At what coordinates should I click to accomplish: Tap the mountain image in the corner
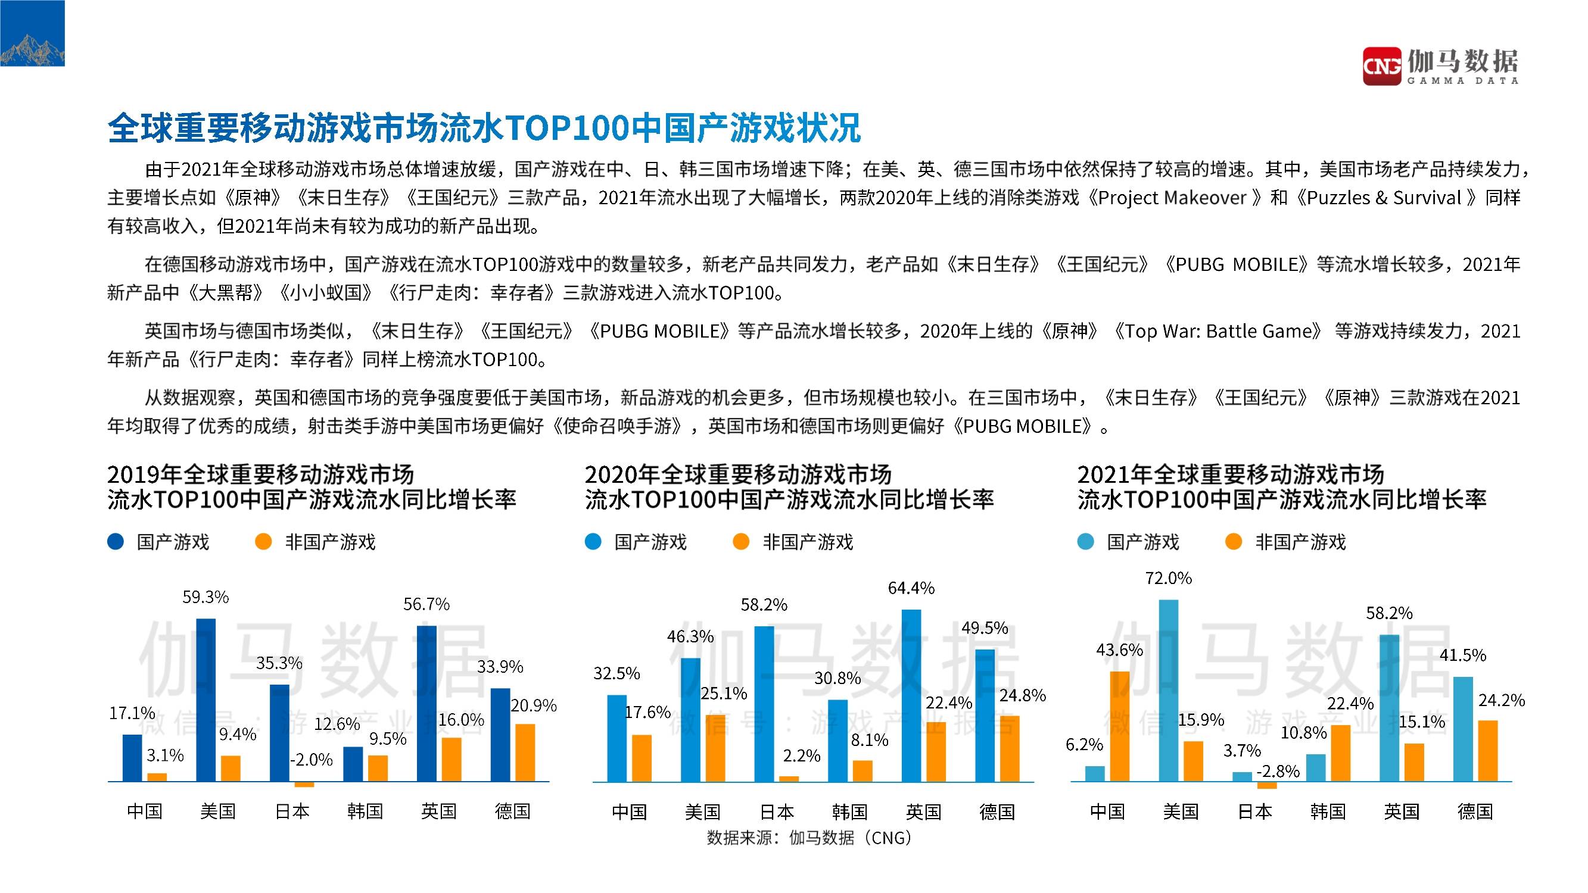pos(32,33)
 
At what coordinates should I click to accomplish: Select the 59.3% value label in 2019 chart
pos(205,597)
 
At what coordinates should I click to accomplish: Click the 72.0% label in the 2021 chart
pos(1168,578)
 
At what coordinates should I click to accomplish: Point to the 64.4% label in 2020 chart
pos(911,588)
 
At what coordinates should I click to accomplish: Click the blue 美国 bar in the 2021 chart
pos(1168,690)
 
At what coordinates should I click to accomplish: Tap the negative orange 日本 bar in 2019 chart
pos(304,785)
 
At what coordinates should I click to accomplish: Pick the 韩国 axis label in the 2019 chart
pos(365,811)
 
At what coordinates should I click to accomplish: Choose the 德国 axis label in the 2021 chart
pos(1475,811)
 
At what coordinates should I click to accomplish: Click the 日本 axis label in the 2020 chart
pos(776,811)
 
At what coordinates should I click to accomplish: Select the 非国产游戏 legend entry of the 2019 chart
pos(316,542)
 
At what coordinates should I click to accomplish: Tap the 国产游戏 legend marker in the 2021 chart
pos(1086,542)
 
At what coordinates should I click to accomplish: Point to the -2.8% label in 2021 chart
pos(1277,771)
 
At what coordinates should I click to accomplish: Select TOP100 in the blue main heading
pos(561,128)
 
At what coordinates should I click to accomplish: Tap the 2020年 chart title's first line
pos(737,474)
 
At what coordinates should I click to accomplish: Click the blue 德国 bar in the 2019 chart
pos(500,735)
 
